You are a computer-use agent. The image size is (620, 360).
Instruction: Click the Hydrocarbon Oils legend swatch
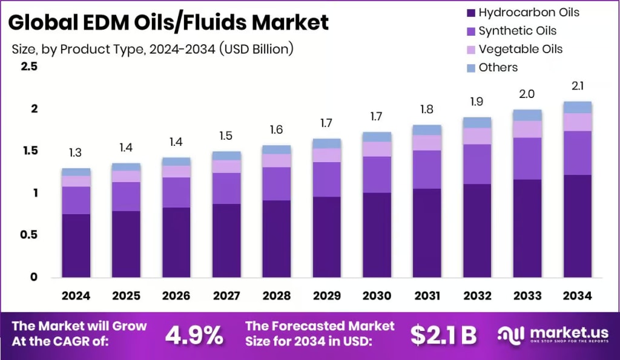point(471,13)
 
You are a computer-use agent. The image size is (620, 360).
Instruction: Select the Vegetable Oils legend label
point(520,49)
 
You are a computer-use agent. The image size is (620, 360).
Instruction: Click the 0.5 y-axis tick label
point(30,235)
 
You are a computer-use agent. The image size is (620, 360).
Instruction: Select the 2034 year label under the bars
point(577,296)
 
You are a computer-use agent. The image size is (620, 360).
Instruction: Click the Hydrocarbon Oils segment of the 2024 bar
point(76,245)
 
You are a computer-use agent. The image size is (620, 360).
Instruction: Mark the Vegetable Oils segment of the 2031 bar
point(427,142)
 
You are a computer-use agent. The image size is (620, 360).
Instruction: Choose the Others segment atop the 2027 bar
point(226,155)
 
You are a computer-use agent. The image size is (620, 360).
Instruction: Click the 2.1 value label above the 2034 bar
point(577,86)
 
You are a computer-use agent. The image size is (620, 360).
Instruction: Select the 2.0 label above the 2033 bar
point(527,94)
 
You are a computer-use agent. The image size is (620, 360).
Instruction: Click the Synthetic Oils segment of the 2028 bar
point(277,183)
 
